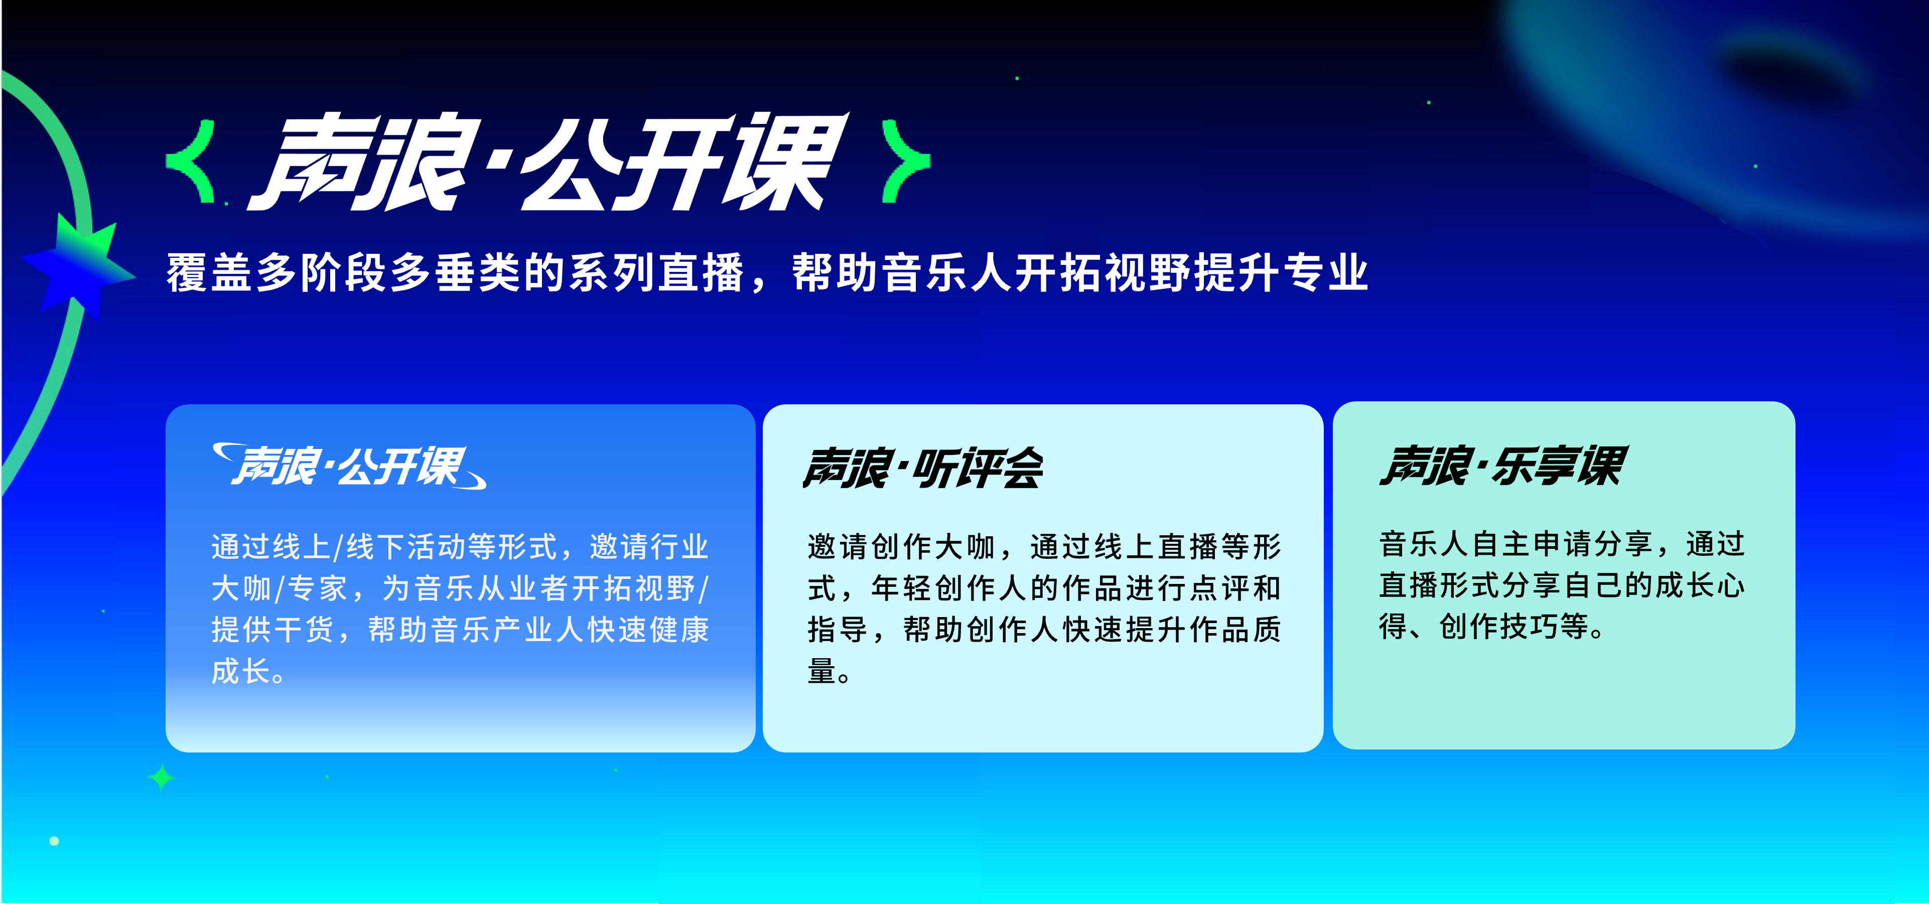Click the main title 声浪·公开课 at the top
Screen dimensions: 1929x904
click(x=549, y=161)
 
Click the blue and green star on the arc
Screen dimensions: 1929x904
click(x=79, y=266)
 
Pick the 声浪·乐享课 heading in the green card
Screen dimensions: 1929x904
click(x=1503, y=466)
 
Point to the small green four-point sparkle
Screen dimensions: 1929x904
click(x=161, y=778)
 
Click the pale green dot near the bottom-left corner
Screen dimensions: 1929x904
click(x=54, y=841)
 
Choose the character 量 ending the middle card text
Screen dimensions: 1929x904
click(x=821, y=671)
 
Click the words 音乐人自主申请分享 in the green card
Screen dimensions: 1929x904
click(x=1515, y=544)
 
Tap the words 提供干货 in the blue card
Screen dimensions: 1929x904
click(x=272, y=630)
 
